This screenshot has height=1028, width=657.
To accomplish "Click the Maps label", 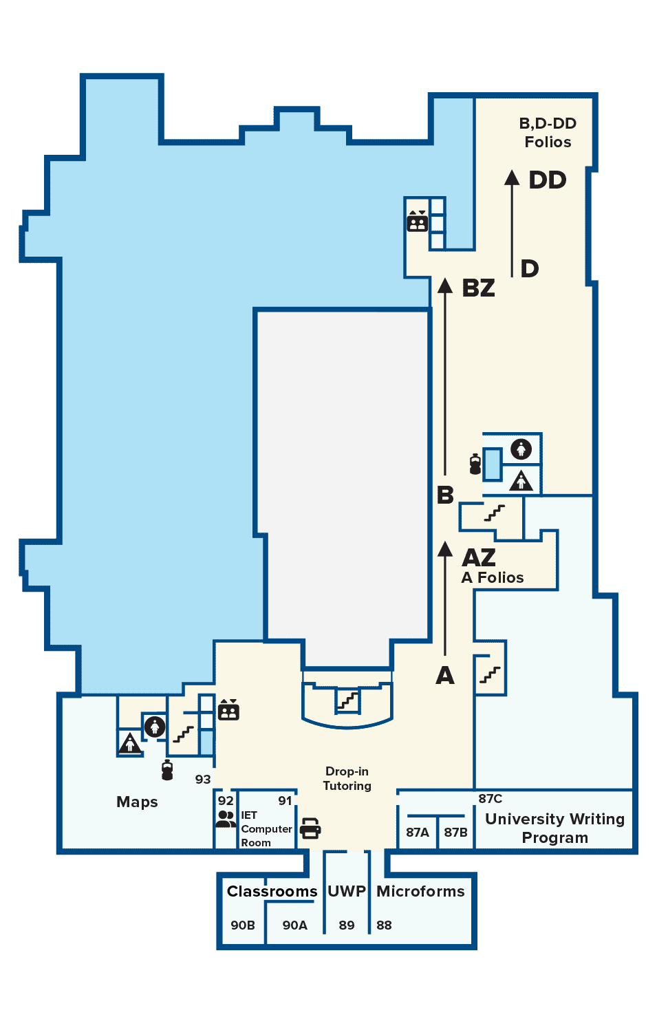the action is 137,802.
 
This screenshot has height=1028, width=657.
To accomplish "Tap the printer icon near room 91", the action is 310,828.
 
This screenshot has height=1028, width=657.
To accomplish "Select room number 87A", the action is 418,832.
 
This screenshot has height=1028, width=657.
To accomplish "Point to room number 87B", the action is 455,832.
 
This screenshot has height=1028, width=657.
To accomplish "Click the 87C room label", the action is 490,799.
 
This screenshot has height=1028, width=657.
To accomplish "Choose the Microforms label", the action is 420,891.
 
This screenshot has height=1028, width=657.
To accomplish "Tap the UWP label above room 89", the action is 347,891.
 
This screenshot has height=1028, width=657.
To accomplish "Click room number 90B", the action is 243,925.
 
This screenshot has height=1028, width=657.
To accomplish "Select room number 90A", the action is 294,925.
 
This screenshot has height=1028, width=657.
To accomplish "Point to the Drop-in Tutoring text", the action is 347,778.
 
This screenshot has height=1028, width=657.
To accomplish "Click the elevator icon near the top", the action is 417,221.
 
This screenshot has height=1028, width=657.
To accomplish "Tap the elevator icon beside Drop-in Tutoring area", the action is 228,709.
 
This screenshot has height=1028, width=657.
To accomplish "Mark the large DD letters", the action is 548,180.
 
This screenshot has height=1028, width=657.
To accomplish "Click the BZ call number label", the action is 479,288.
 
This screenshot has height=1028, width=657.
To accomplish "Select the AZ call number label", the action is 479,557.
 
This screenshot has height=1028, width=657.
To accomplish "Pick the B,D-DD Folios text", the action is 548,133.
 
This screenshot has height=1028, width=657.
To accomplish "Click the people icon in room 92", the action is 226,819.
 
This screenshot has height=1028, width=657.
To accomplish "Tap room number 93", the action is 203,780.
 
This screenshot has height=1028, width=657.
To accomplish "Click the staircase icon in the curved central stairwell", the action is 347,700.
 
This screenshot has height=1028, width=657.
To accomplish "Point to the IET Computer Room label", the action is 266,829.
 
